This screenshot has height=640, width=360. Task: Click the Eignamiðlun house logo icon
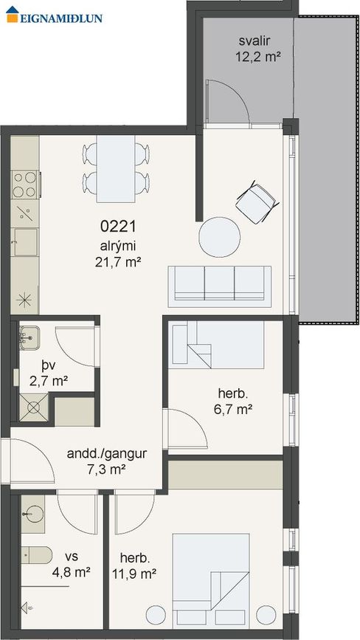pyautogui.click(x=13, y=14)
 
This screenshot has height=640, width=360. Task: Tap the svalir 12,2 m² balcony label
pyautogui.click(x=258, y=49)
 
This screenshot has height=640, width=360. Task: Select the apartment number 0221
pyautogui.click(x=118, y=226)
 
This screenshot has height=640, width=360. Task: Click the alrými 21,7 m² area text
pyautogui.click(x=118, y=254)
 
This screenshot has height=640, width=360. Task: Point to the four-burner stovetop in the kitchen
pyautogui.click(x=25, y=185)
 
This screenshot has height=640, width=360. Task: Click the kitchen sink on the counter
pyautogui.click(x=26, y=242)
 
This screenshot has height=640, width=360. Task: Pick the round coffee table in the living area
pyautogui.click(x=219, y=237)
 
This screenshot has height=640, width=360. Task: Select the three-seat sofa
pyautogui.click(x=220, y=286)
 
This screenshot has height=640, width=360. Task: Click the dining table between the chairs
pyautogui.click(x=116, y=168)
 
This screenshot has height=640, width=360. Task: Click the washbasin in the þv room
pyautogui.click(x=29, y=337)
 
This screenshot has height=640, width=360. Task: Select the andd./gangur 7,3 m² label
pyautogui.click(x=106, y=461)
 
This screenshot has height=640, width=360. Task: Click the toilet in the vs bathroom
pyautogui.click(x=37, y=555)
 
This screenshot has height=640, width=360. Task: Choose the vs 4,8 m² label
pyautogui.click(x=71, y=564)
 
